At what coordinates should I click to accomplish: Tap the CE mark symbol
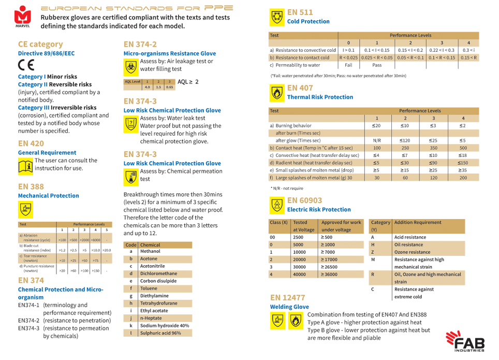click(26, 66)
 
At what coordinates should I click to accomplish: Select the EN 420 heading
click(31, 143)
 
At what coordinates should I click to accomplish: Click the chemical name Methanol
click(150, 251)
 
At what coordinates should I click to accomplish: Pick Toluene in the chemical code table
click(149, 288)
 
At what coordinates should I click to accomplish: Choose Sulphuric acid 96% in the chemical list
click(160, 333)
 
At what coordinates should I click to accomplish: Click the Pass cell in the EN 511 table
click(377, 65)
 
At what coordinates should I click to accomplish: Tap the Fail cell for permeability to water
click(348, 65)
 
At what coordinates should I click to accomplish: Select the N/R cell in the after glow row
click(377, 140)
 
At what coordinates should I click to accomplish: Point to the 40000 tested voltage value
click(299, 274)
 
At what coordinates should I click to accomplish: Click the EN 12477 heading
click(288, 298)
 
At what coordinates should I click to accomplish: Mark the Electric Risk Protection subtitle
click(319, 210)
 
